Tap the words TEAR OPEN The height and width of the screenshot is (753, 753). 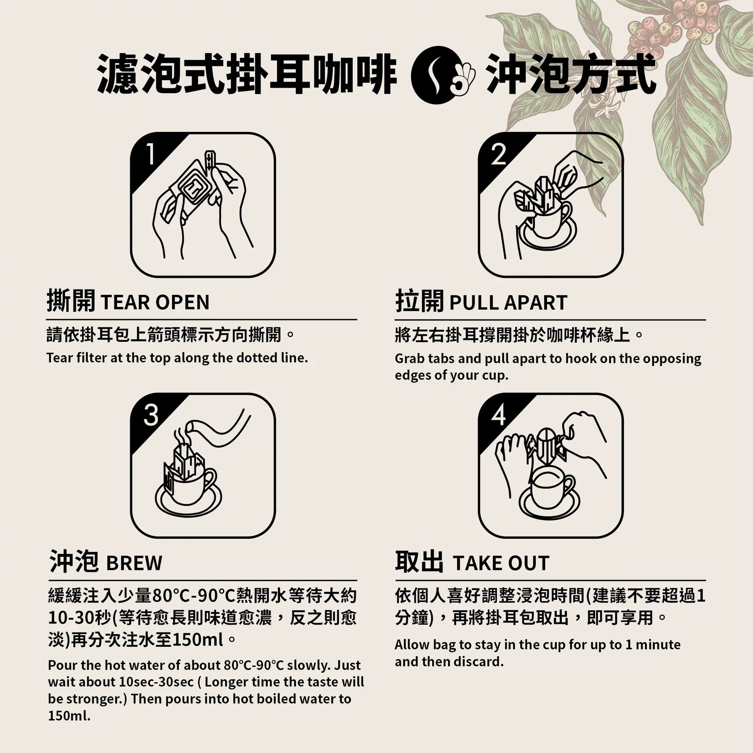point(155,302)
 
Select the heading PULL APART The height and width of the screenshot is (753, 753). point(508,302)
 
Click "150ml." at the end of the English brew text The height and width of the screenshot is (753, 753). point(69,716)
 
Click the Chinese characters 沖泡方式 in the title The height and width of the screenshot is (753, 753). point(571,74)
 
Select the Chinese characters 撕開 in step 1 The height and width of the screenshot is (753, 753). point(70,301)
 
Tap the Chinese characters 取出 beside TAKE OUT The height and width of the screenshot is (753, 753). point(419,562)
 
